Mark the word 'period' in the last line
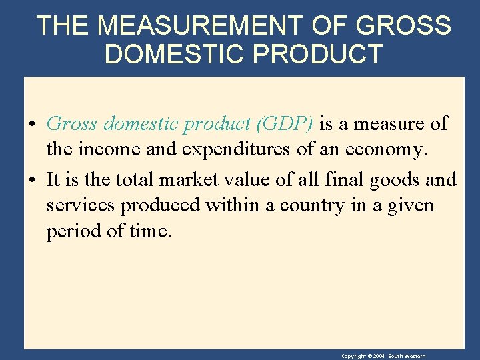point(72,232)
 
